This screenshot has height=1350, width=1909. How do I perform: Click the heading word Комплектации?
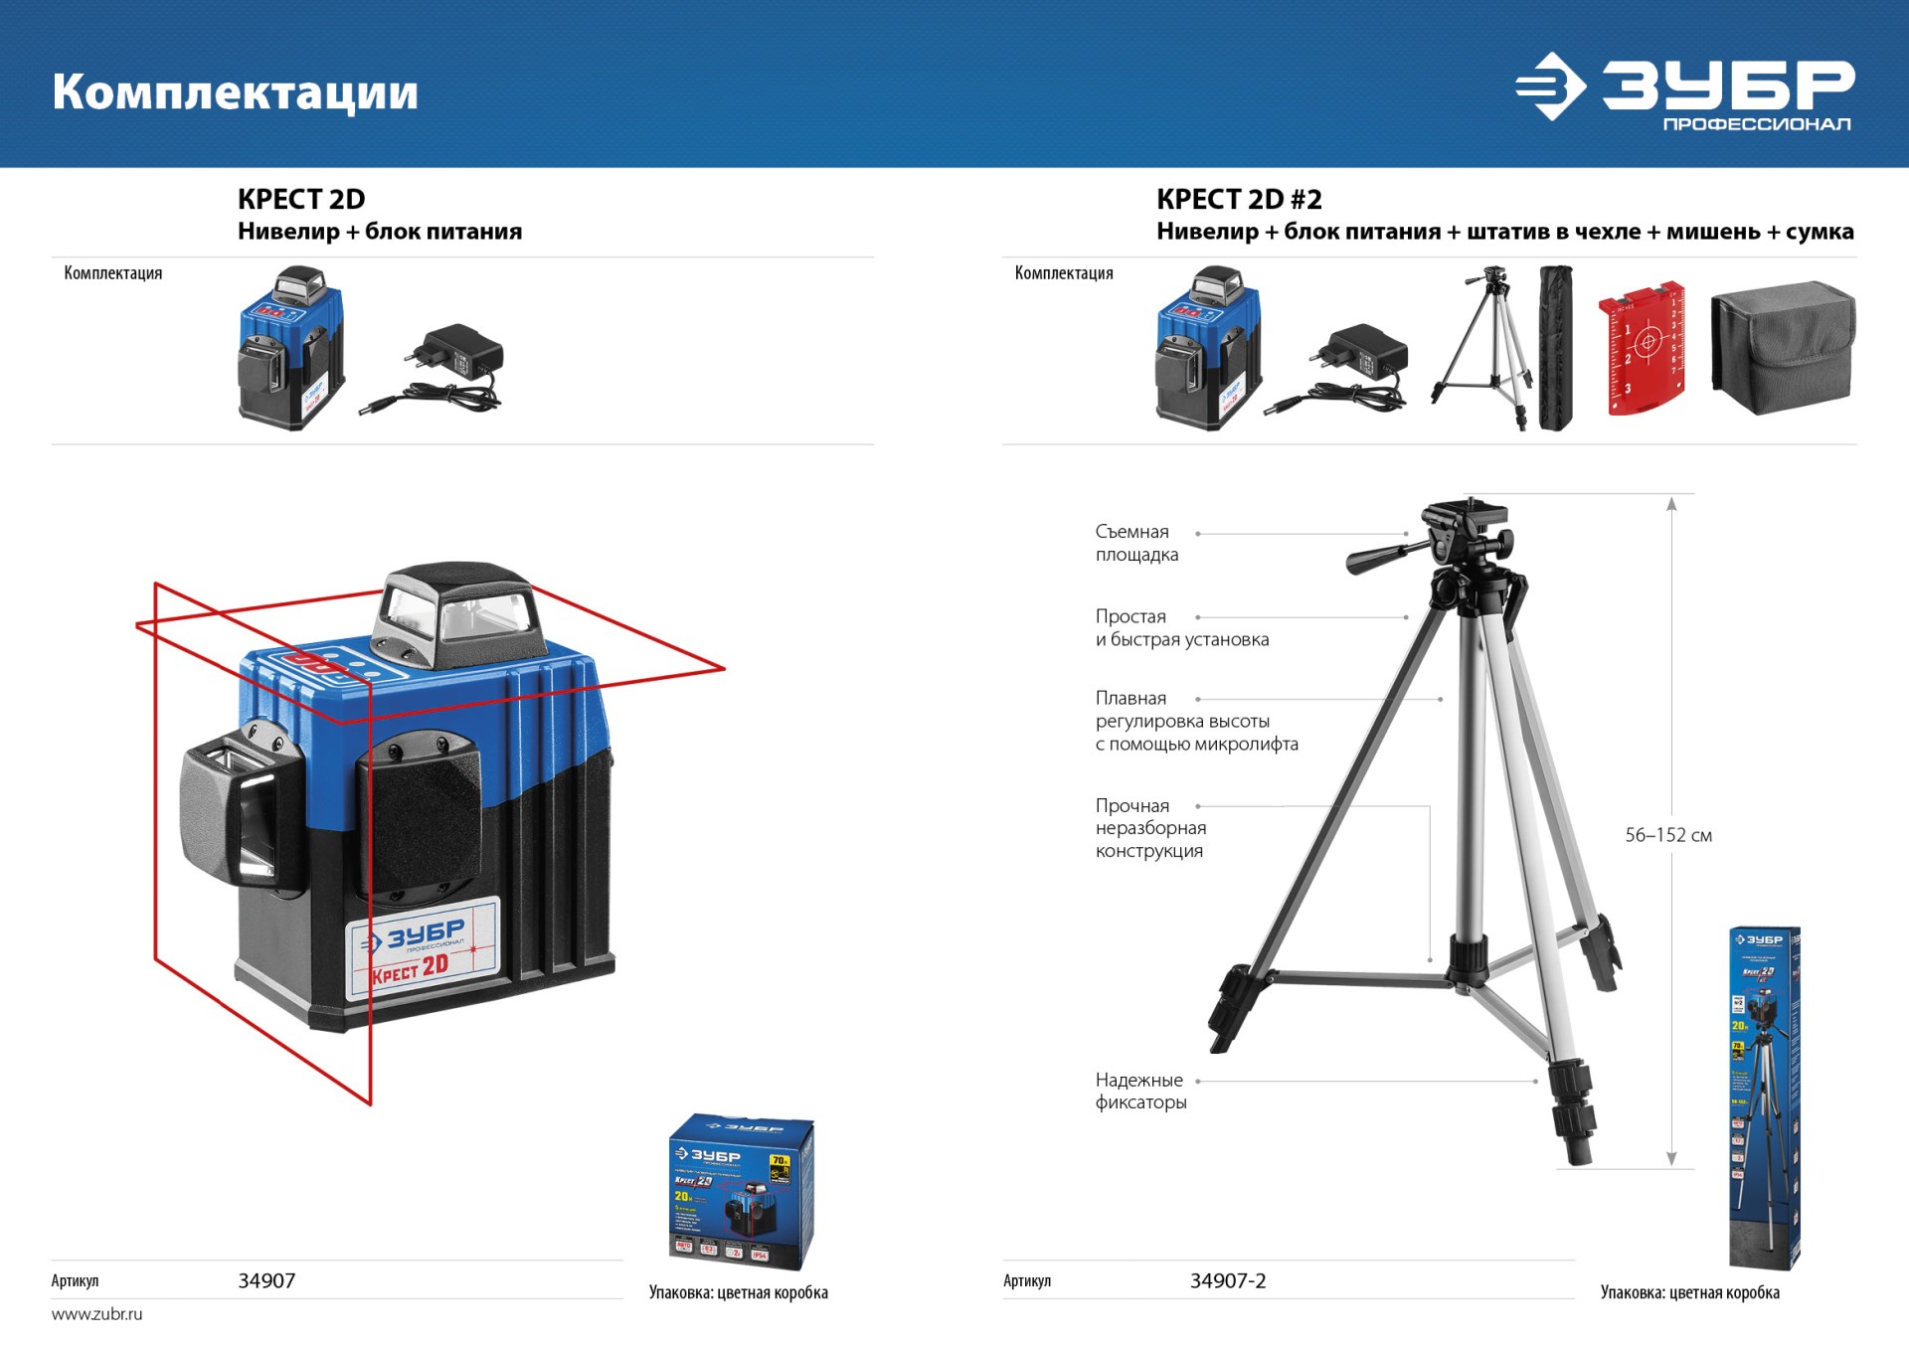tap(235, 91)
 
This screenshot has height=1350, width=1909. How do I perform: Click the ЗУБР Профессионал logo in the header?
tap(1684, 89)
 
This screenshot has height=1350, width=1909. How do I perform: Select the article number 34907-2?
tap(1227, 1280)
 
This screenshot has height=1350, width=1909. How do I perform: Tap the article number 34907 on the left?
tap(266, 1280)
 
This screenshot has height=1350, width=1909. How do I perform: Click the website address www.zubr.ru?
tap(96, 1313)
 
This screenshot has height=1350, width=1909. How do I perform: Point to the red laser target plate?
tap(1642, 348)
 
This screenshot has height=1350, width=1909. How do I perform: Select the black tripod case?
tap(1556, 348)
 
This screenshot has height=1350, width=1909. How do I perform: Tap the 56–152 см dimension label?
tap(1667, 835)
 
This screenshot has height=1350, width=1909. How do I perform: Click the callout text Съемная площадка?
tap(1136, 543)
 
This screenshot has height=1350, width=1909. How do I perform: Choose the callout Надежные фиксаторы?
tap(1139, 1091)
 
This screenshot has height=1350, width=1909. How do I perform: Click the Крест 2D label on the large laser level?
tap(411, 968)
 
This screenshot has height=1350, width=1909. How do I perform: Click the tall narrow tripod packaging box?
tap(1764, 1097)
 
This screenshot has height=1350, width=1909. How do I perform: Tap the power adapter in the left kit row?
tap(438, 369)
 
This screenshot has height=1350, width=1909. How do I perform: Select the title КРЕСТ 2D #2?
tap(1239, 199)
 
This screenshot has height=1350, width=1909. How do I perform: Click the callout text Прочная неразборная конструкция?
tap(1150, 828)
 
